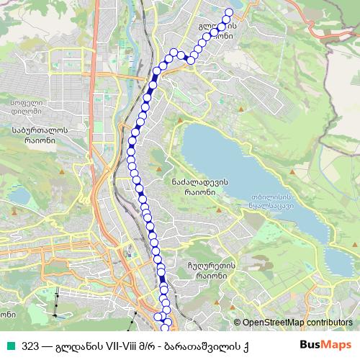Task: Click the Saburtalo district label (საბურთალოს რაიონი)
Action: (x=40, y=135)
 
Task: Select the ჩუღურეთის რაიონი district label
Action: (x=215, y=269)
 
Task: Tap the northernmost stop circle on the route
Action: (x=229, y=12)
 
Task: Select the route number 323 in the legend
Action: (x=31, y=346)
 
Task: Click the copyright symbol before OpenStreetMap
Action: (x=238, y=324)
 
